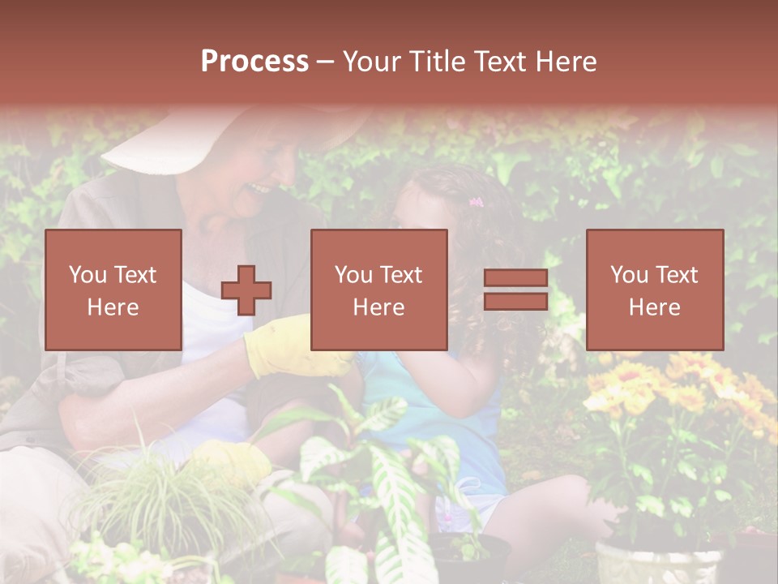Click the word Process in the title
(x=254, y=61)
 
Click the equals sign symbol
(x=515, y=290)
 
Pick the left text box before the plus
(x=113, y=290)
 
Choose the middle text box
(x=379, y=290)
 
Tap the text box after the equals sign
(x=655, y=290)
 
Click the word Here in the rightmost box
(x=655, y=307)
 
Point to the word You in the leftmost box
(x=87, y=274)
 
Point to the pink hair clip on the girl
(x=476, y=201)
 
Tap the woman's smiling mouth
(x=261, y=188)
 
